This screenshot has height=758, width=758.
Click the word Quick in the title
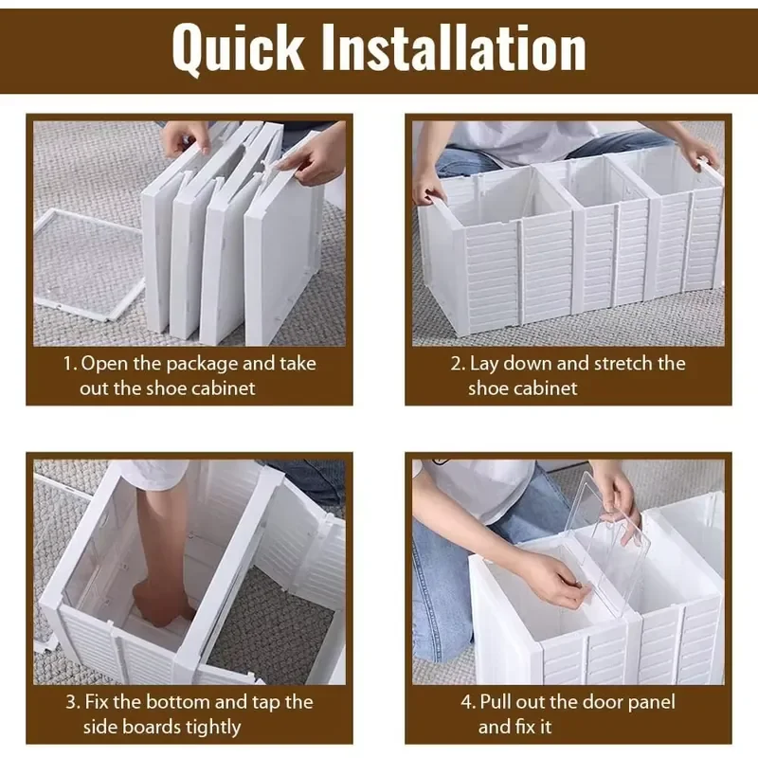coord(238,48)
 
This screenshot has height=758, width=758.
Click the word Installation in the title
coord(454,47)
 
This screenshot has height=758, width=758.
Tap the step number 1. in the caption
coord(70,364)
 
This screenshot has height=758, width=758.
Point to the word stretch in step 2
coord(623,364)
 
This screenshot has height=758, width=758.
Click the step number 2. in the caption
coord(459,364)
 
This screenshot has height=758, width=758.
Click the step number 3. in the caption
coord(73,702)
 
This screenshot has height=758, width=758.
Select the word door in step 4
coord(605,702)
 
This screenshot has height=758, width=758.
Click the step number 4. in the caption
coord(468,702)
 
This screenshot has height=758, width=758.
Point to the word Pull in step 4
coord(496,702)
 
